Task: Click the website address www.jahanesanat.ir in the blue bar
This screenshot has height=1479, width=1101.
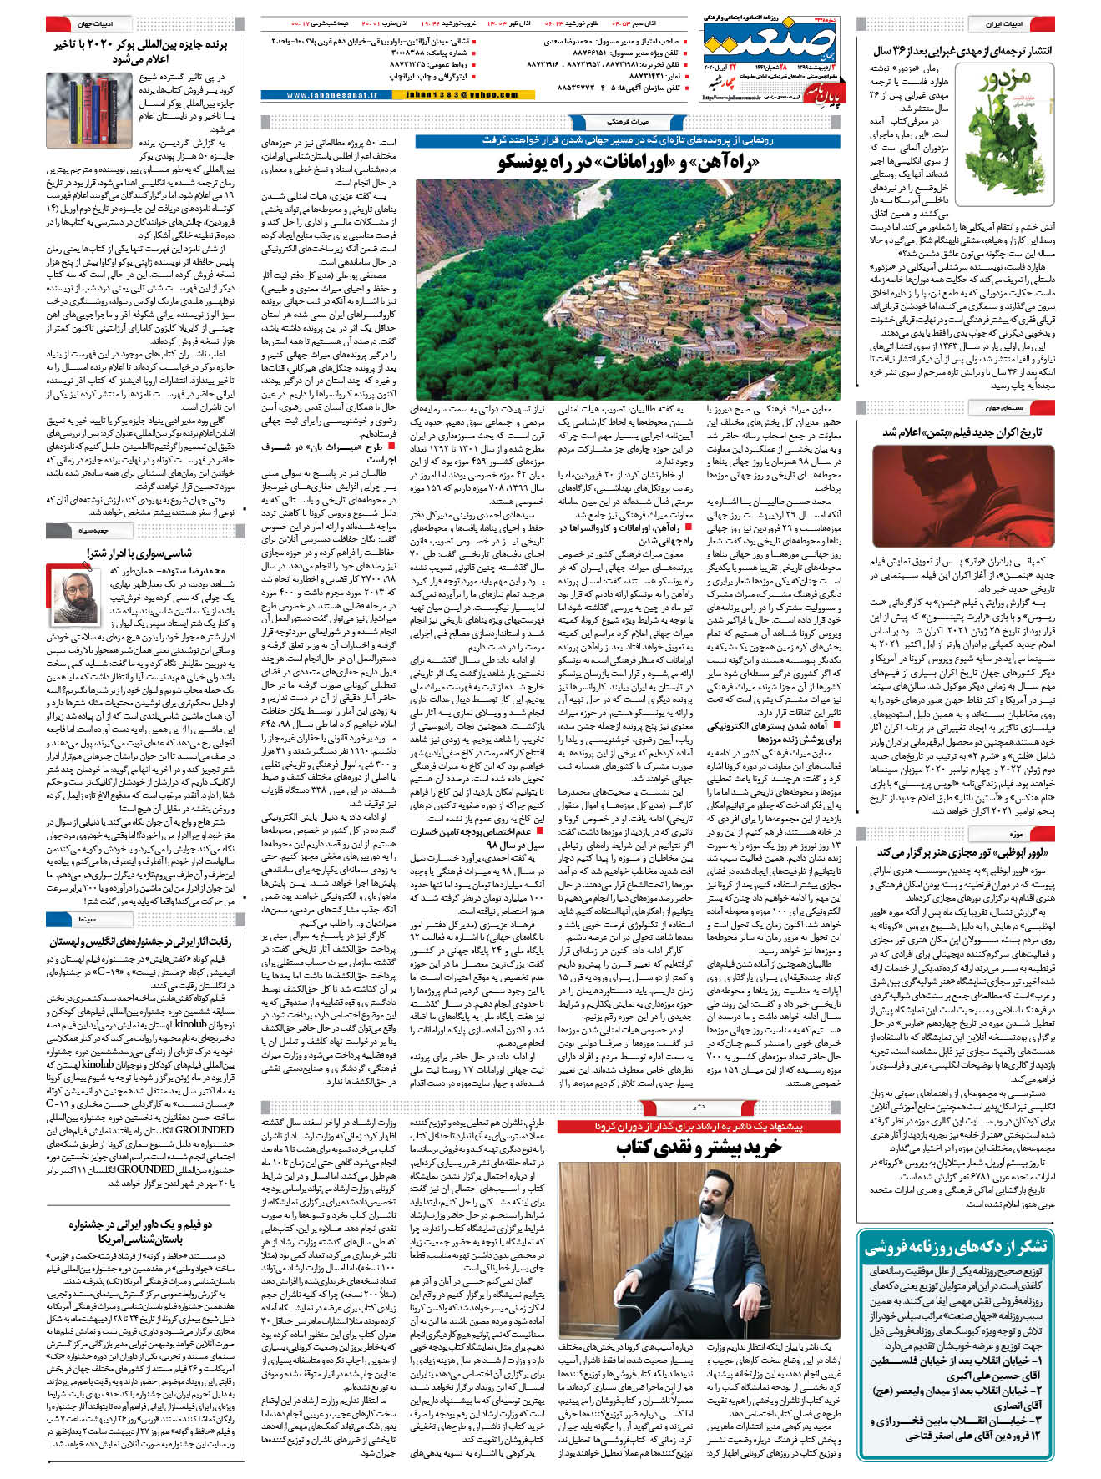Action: pyautogui.click(x=331, y=96)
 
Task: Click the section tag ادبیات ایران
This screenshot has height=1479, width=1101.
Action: pyautogui.click(x=1004, y=24)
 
